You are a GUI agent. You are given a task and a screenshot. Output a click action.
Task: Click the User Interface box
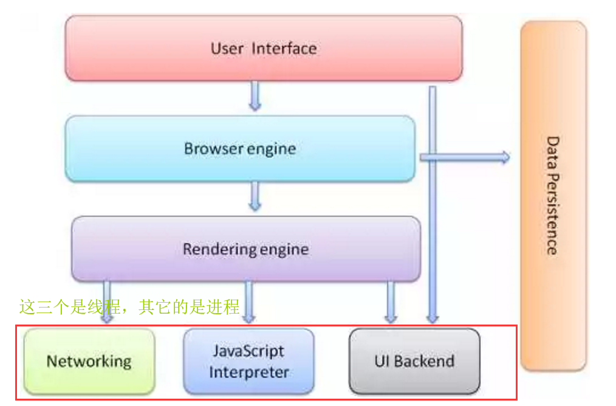tap(264, 49)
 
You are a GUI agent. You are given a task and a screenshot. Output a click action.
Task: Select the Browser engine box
tap(240, 149)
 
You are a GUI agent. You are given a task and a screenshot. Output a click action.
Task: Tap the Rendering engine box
tap(246, 249)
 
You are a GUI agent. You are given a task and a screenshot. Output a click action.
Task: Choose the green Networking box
tap(89, 361)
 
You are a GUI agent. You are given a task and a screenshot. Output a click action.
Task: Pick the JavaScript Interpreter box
tap(248, 361)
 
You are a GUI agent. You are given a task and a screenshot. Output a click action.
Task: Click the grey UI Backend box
tap(414, 361)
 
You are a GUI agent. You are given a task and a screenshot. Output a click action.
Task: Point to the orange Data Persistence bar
tap(553, 196)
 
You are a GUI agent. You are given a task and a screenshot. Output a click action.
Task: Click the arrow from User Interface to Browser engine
tap(255, 95)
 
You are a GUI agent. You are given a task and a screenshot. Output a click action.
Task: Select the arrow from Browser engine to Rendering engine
tap(255, 196)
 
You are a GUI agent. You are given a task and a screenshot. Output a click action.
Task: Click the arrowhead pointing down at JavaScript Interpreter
tap(248, 318)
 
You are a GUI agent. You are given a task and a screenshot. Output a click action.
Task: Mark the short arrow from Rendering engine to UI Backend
tap(391, 302)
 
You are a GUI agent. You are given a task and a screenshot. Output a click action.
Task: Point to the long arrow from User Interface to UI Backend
tap(433, 205)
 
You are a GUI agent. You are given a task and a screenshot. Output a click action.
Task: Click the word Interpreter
tap(249, 372)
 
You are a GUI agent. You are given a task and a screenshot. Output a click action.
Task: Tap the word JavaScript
tap(248, 351)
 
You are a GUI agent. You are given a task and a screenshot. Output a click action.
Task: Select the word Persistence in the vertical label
tap(553, 214)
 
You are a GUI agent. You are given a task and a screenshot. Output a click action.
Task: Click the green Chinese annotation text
tap(129, 306)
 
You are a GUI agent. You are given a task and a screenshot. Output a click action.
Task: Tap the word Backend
tap(424, 361)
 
